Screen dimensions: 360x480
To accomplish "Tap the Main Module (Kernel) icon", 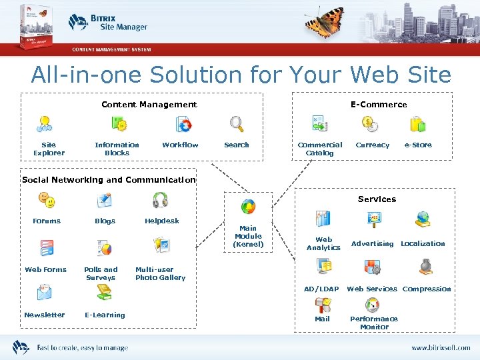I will coord(248,207).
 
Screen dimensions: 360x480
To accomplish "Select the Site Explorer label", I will coord(49,149).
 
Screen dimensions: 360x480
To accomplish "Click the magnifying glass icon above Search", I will coord(237,124).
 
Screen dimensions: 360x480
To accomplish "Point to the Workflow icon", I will coord(183,125).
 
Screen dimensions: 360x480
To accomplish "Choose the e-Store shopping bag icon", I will coord(418,124).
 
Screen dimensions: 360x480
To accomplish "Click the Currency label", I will coord(372,145).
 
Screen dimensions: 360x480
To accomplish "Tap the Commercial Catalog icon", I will coord(319,124).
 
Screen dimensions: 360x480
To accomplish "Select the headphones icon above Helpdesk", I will coord(160,200).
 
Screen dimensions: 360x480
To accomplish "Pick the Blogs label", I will coord(105,221).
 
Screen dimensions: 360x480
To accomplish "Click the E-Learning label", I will coord(105,315).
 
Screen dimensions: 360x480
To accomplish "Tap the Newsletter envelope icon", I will coord(45,293).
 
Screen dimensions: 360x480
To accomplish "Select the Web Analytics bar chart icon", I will coord(323,219).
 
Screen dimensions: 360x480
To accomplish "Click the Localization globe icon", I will coord(423,219).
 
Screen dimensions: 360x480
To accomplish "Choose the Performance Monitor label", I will coord(374,323).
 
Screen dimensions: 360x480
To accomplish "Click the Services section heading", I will coord(377,199).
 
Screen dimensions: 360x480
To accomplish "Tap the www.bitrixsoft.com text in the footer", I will coord(440,347).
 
